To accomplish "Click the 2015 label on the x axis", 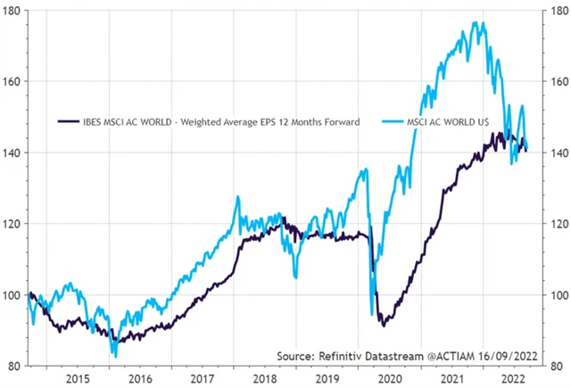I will [x=78, y=377].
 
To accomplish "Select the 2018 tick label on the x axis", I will [x=267, y=377].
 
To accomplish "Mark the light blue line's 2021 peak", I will [x=482, y=22].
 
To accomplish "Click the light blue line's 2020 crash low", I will [x=371, y=314].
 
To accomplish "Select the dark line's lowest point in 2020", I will [x=382, y=325].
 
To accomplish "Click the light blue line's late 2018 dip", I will [x=295, y=277].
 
